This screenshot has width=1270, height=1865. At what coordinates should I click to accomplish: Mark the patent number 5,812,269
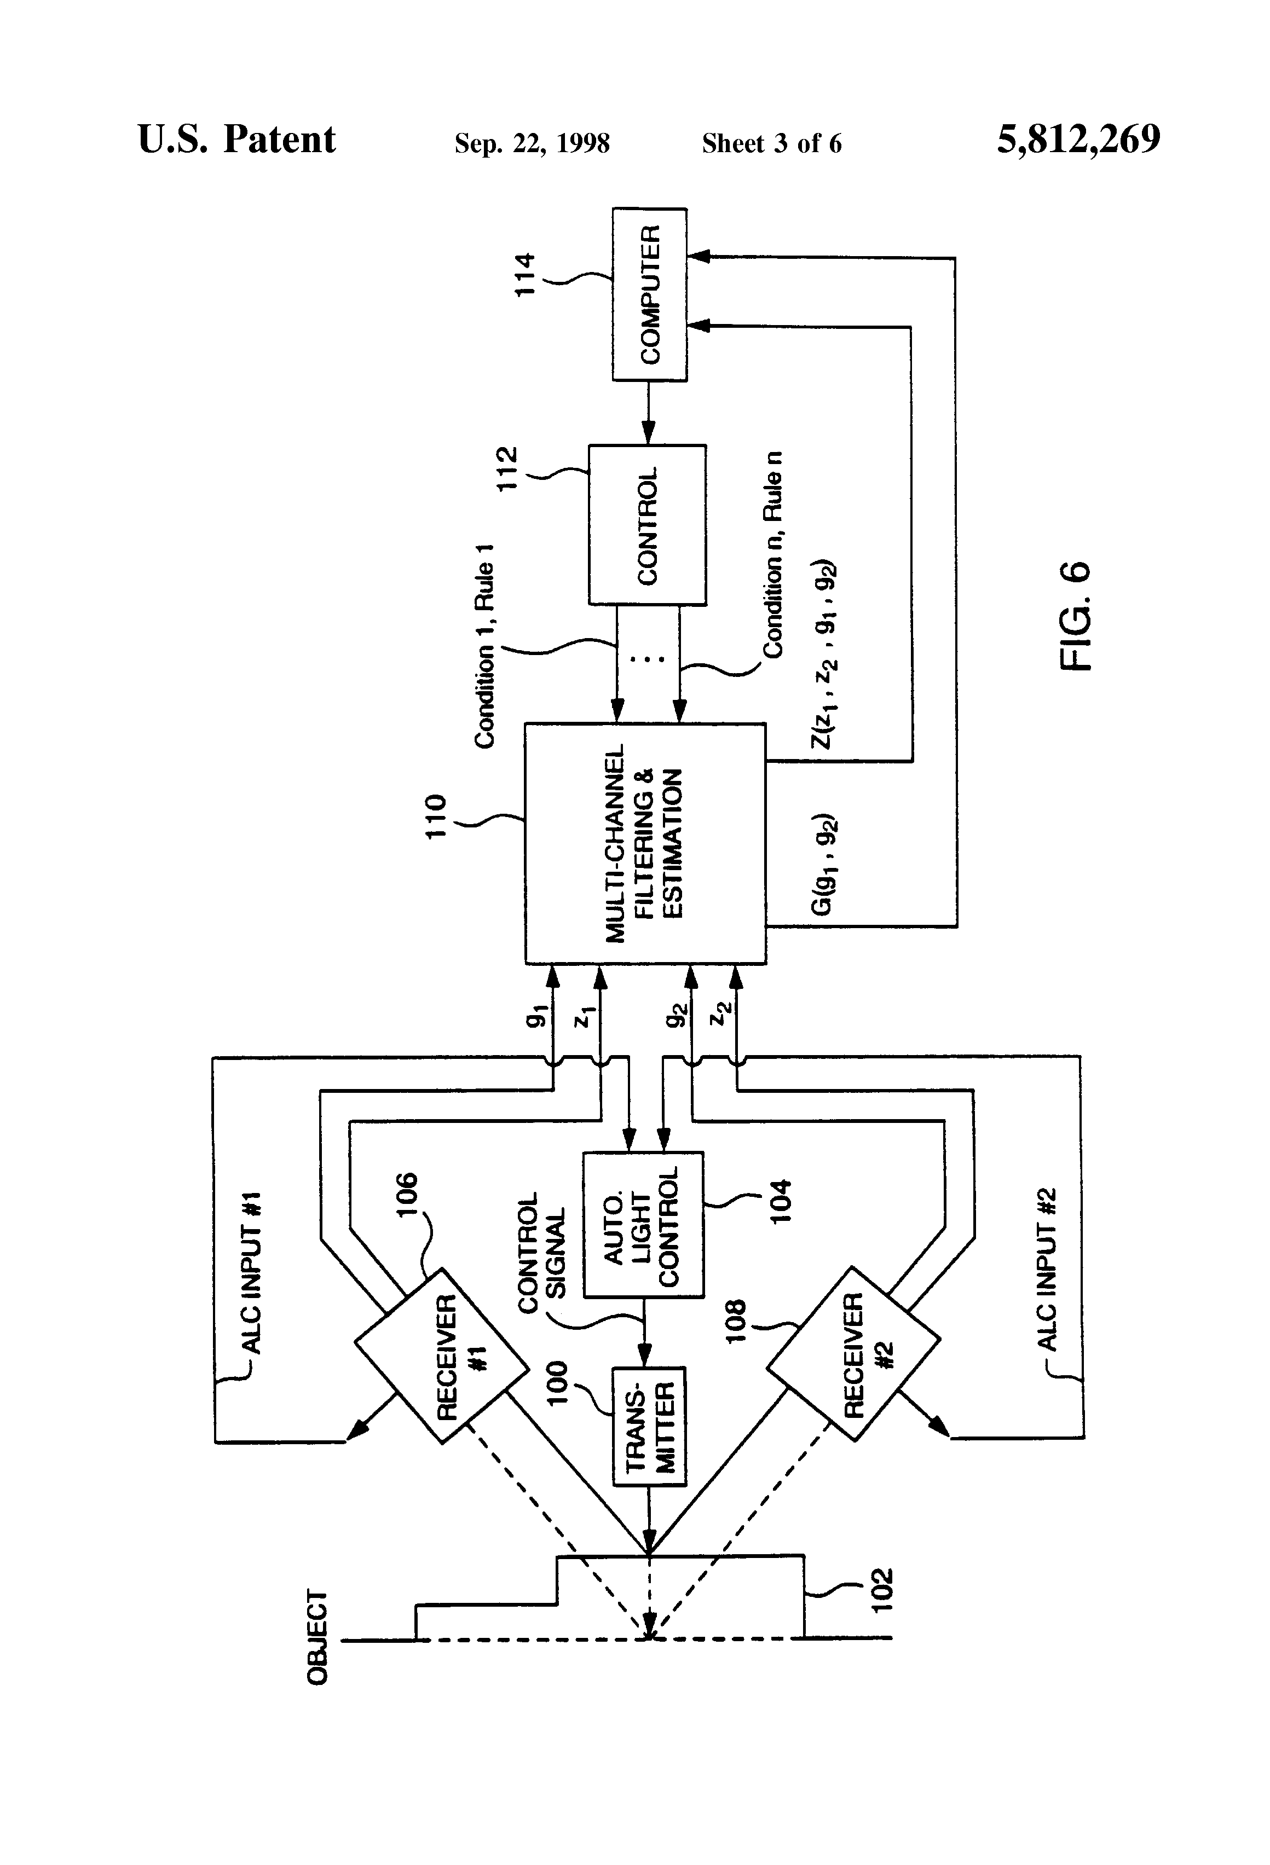[x=1078, y=140]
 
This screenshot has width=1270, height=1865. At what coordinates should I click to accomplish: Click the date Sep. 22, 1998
[x=532, y=143]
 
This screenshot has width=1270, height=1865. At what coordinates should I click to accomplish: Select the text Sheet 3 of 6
[x=771, y=143]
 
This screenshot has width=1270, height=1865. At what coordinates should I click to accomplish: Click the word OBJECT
[x=318, y=1637]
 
